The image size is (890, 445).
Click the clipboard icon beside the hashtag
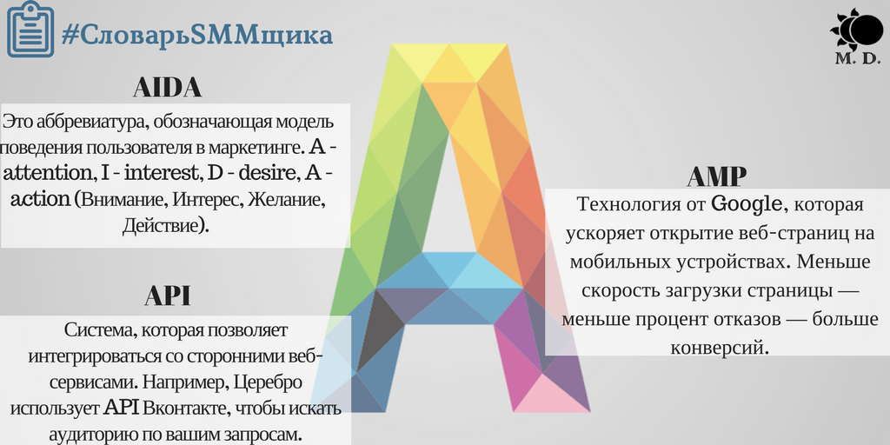point(30,30)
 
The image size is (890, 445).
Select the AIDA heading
point(168,88)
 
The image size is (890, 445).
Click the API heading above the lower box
point(168,296)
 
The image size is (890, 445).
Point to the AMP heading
point(716,176)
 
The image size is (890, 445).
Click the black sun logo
point(857,29)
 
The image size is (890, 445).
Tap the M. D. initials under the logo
point(858,58)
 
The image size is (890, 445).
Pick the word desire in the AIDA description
point(268,173)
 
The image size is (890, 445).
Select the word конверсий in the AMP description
point(719,346)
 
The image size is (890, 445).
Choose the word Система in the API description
point(96,329)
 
